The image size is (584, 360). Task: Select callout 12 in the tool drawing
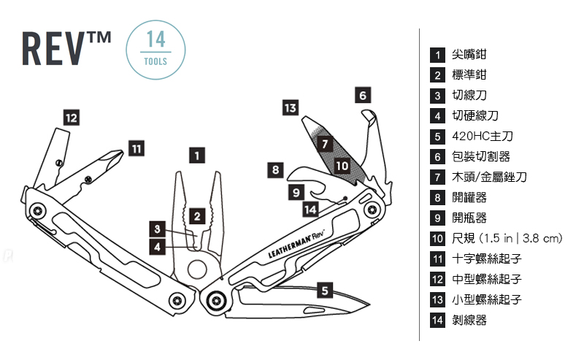pyautogui.click(x=71, y=118)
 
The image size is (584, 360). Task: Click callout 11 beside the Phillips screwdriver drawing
pyautogui.click(x=136, y=148)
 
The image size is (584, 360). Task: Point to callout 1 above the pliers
pyautogui.click(x=196, y=155)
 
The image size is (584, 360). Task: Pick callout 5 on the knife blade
pyautogui.click(x=326, y=290)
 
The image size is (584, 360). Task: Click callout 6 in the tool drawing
pyautogui.click(x=364, y=95)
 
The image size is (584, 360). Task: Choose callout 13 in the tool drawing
pyautogui.click(x=290, y=108)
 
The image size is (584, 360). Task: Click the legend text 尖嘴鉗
pyautogui.click(x=469, y=55)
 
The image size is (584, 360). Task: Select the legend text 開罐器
pyautogui.click(x=469, y=197)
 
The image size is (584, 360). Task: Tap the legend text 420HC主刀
pyautogui.click(x=483, y=136)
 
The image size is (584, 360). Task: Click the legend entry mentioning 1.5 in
pyautogui.click(x=507, y=238)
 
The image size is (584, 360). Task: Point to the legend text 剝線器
pyautogui.click(x=469, y=320)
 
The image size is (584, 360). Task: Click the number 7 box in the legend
pyautogui.click(x=438, y=177)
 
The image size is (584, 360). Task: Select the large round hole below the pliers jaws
pyautogui.click(x=196, y=269)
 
